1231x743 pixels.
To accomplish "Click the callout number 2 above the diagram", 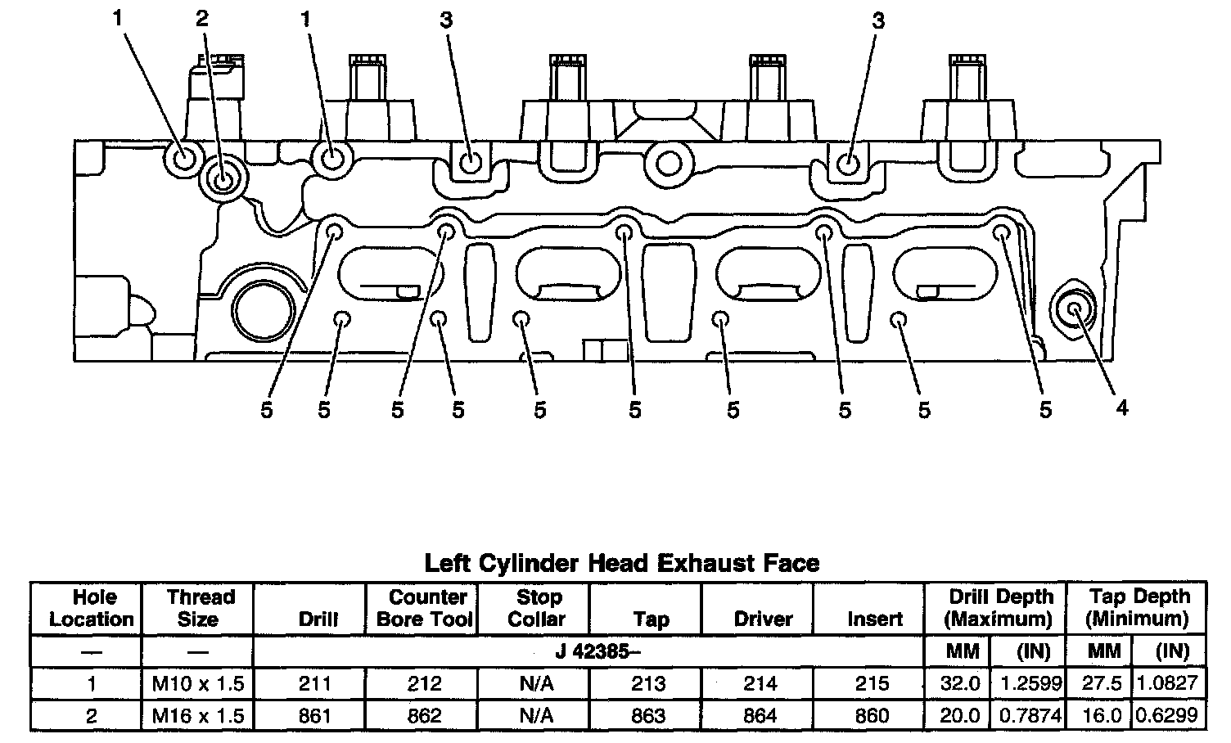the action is click(202, 20).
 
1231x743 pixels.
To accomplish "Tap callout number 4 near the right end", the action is click(1121, 408).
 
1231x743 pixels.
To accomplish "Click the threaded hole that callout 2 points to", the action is click(223, 178).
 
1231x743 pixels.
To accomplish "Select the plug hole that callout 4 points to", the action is click(1074, 308).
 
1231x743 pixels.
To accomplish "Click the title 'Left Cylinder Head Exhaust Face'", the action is click(622, 563).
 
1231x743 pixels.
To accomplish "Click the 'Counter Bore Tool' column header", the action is click(425, 608).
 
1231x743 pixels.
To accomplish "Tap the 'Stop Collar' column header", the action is click(538, 608).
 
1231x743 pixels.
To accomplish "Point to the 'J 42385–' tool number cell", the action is click(598, 652).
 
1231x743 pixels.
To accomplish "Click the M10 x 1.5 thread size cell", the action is click(198, 683).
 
